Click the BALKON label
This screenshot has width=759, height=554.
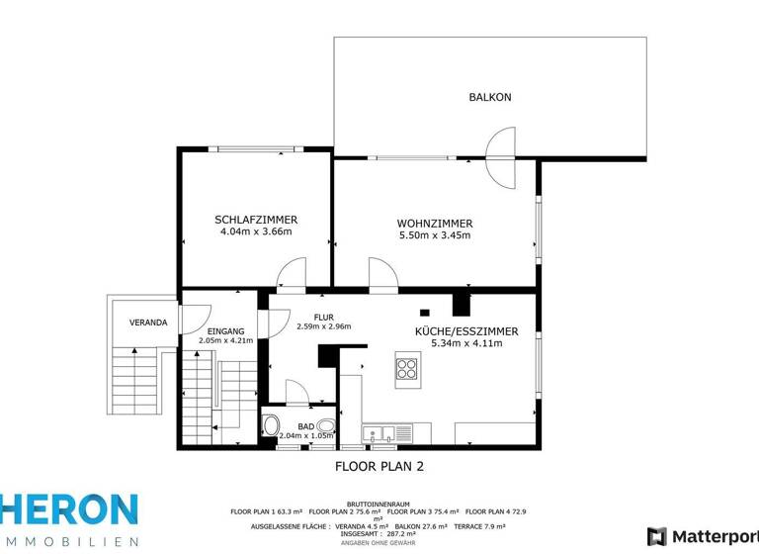coord(489,97)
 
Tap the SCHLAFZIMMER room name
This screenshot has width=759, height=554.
coord(256,220)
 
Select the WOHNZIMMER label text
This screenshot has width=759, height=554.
coord(435,223)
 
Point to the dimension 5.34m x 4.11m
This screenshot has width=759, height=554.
coord(467,344)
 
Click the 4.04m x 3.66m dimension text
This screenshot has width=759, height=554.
coord(256,233)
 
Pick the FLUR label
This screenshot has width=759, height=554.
coord(324,317)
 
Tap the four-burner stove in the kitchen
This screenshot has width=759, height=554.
coord(407,369)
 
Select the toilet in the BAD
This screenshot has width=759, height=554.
coord(271,426)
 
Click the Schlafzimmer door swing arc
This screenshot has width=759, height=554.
coord(293,273)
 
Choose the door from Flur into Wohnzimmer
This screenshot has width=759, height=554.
coord(382,274)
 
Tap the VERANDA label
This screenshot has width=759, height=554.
coord(148,323)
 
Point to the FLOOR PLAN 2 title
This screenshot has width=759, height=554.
coord(379,464)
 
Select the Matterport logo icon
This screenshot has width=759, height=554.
coord(656,537)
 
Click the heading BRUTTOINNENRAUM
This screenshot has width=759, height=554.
coord(379,503)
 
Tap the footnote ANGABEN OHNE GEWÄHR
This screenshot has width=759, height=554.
coord(379,542)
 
